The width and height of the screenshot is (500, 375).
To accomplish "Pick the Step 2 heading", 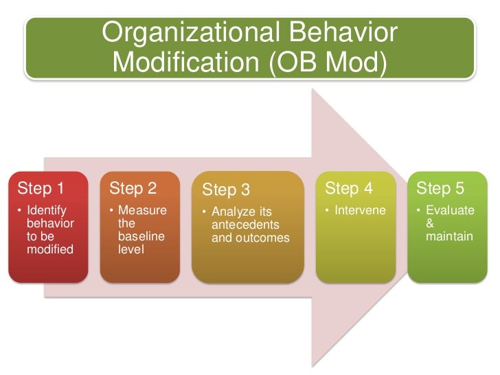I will pos(133,189).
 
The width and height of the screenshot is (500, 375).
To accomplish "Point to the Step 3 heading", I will pos(226,190).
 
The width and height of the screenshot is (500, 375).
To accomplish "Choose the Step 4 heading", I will pos(348,189).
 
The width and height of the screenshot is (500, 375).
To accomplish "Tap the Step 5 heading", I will pos(440,189).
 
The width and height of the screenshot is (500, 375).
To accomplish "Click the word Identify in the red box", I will pos(47,210).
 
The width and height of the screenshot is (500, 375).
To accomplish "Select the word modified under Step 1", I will pos(49,249).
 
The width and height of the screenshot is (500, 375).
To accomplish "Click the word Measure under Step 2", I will pos(142,210).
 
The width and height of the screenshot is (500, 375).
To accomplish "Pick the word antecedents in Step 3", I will pos(245,225).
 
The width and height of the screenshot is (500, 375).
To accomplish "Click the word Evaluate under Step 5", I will pos(449,210).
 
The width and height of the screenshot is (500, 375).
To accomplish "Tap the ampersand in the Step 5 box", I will pos(430,223).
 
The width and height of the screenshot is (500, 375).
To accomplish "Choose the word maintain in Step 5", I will pos(449,236).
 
